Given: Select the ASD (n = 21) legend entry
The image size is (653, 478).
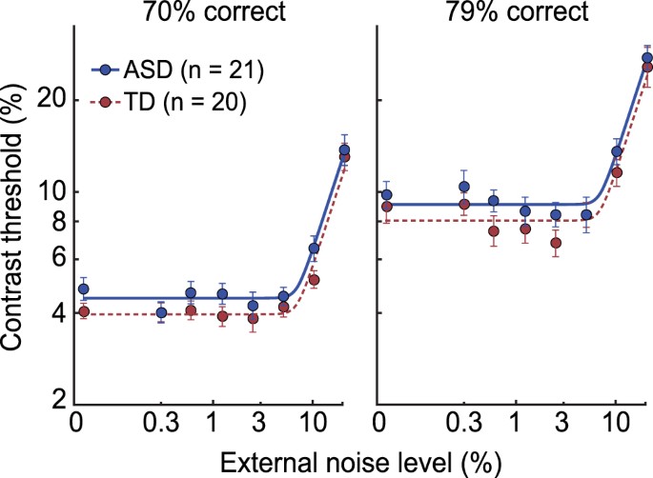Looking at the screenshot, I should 181,70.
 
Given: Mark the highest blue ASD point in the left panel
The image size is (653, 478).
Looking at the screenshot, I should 345,149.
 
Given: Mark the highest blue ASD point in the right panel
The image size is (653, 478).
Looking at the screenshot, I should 647,58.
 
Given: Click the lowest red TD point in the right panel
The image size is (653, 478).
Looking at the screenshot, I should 556,243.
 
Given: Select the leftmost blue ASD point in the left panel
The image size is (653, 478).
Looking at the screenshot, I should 83,289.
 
